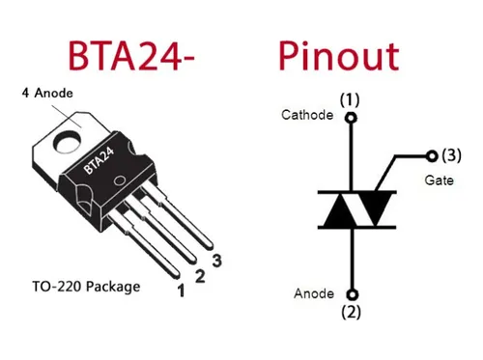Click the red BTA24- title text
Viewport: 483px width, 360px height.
131,55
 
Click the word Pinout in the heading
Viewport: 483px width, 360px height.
338,55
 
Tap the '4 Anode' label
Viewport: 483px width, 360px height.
47,93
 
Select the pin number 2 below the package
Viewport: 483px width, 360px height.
199,276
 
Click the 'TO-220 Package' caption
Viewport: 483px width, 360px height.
85,287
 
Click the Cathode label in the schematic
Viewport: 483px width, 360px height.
306,115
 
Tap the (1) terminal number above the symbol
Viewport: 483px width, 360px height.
350,99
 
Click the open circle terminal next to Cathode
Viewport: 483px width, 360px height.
351,118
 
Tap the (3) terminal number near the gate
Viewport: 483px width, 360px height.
451,154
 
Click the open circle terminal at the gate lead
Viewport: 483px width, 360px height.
432,154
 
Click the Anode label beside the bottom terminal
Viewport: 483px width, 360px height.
314,292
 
